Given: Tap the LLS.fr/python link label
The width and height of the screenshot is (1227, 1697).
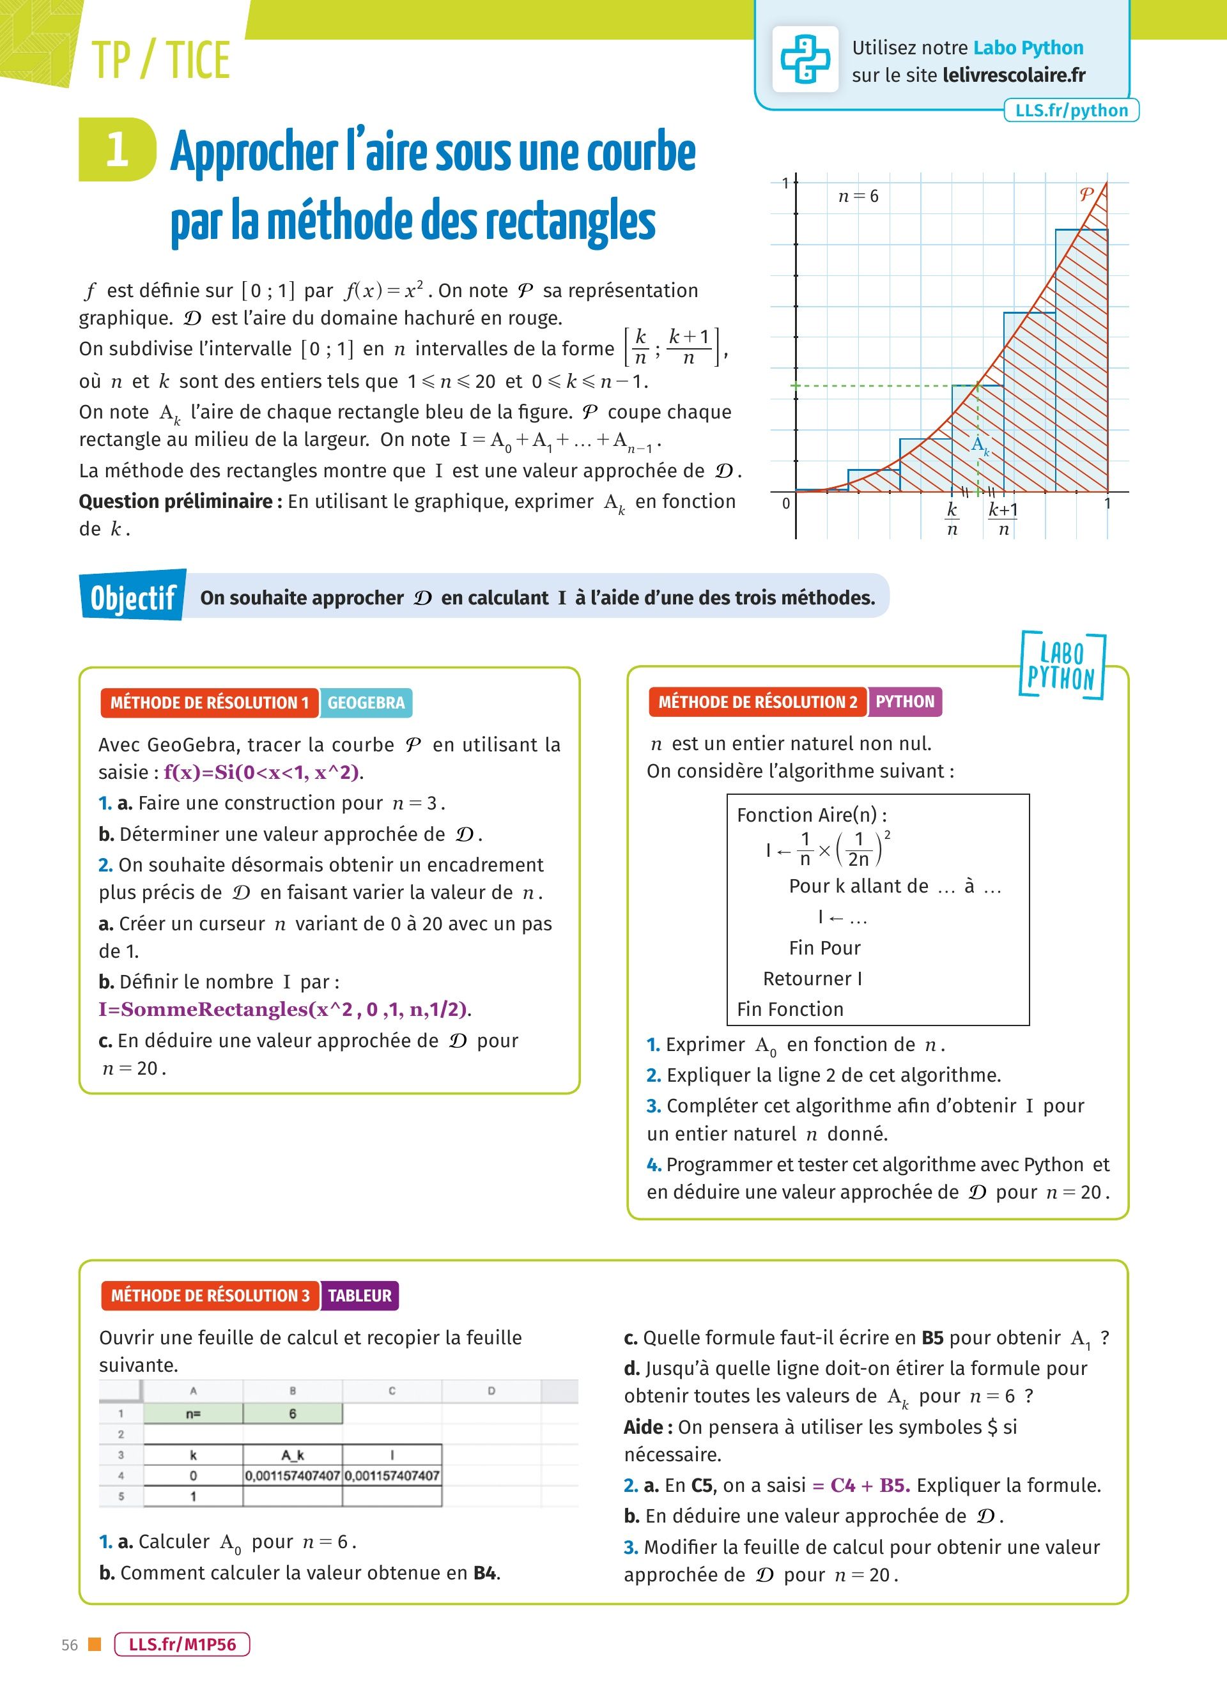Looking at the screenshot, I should pyautogui.click(x=1070, y=110).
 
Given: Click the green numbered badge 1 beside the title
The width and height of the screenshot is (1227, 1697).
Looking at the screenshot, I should pyautogui.click(x=118, y=150).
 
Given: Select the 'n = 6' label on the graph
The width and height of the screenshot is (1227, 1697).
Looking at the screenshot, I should pyautogui.click(x=858, y=196).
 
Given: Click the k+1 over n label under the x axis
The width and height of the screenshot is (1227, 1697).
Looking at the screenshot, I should pyautogui.click(x=1003, y=519).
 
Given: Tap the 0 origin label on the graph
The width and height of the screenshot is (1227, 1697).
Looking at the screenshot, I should pyautogui.click(x=785, y=503).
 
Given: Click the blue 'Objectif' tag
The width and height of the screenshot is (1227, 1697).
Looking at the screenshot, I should pyautogui.click(x=133, y=597).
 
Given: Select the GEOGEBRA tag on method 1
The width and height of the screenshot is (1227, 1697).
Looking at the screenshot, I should pyautogui.click(x=366, y=703).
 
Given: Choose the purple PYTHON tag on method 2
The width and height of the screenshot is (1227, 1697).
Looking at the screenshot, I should pyautogui.click(x=904, y=702).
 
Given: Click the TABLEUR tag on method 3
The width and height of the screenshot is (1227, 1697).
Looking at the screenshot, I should pyautogui.click(x=360, y=1295).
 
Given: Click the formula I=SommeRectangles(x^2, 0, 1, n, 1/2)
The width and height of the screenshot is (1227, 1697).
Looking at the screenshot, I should pyautogui.click(x=284, y=1010).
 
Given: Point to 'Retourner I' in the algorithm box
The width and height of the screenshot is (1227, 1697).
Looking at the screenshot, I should pyautogui.click(x=812, y=979).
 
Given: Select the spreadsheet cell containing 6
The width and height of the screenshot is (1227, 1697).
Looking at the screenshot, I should pyautogui.click(x=293, y=1413).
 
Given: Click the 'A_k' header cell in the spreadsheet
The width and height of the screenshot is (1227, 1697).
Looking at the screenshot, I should pyautogui.click(x=293, y=1455).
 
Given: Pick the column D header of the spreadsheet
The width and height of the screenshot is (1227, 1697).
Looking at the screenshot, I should pyautogui.click(x=491, y=1391).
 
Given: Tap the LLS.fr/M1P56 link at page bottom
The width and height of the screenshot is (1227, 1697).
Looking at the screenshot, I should pyautogui.click(x=181, y=1644).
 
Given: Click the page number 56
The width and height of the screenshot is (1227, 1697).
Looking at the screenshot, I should pyautogui.click(x=70, y=1645).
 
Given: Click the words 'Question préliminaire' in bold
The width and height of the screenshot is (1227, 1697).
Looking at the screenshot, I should pyautogui.click(x=177, y=502).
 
